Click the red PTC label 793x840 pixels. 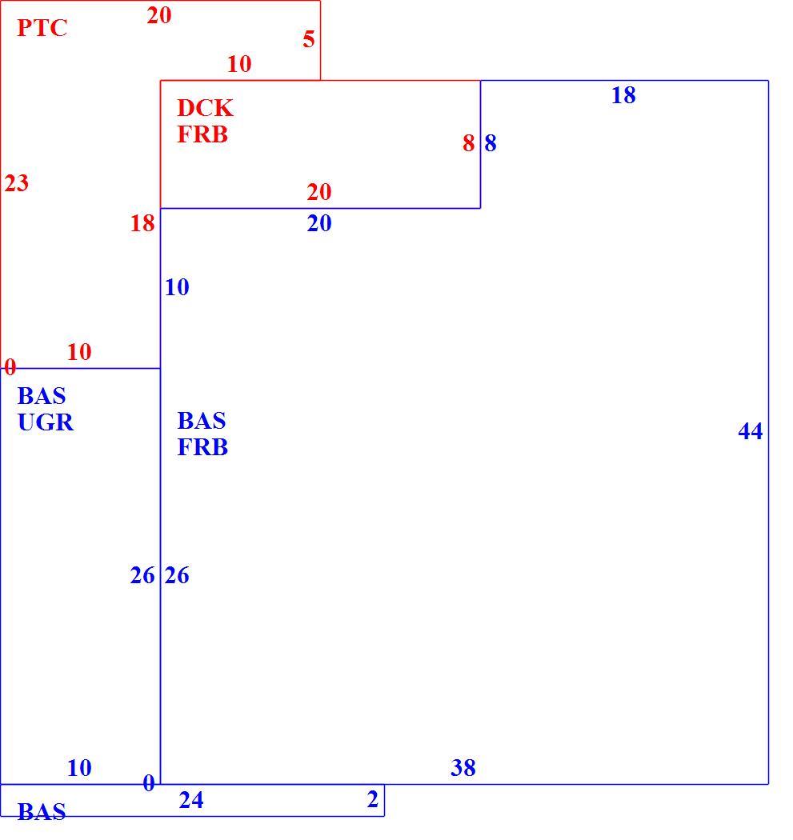[42, 28]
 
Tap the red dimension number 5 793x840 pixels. [309, 40]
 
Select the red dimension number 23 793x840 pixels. [17, 183]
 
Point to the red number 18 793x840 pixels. [142, 223]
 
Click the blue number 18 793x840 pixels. [623, 95]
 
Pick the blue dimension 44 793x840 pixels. [750, 431]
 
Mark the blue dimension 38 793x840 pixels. [463, 768]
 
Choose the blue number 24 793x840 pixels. [191, 800]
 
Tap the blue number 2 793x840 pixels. [373, 799]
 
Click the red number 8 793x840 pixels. [469, 143]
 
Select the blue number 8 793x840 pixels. [491, 143]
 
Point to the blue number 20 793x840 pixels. [319, 223]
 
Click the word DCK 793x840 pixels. [205, 108]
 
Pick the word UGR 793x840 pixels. [46, 422]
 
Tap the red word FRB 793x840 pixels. [202, 134]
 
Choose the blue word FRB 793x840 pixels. [202, 447]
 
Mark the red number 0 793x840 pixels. [10, 367]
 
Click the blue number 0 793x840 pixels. [149, 784]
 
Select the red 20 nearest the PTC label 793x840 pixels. [159, 15]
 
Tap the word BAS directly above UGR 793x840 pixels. [42, 397]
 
